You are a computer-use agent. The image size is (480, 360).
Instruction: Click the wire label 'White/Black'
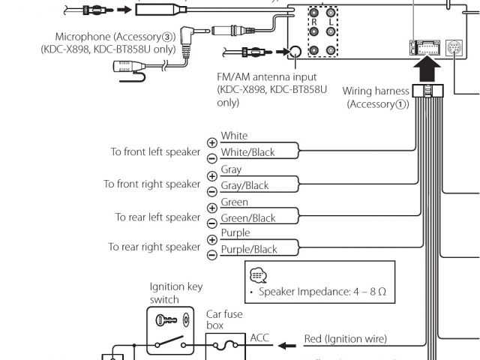247,152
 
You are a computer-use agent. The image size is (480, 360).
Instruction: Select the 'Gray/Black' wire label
244,186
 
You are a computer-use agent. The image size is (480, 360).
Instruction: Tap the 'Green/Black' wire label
248,219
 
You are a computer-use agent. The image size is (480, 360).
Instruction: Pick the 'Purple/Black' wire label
249,250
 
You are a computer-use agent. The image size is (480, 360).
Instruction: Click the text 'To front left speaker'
156,151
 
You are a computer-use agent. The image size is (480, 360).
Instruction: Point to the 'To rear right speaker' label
154,247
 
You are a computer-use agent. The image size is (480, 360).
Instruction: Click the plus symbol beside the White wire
211,142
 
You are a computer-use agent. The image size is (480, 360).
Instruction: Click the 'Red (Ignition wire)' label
346,340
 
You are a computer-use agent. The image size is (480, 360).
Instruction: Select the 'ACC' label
259,338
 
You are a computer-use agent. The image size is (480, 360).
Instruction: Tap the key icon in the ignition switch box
166,319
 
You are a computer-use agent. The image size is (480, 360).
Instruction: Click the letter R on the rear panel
313,23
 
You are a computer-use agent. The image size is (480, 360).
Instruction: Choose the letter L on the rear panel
331,23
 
